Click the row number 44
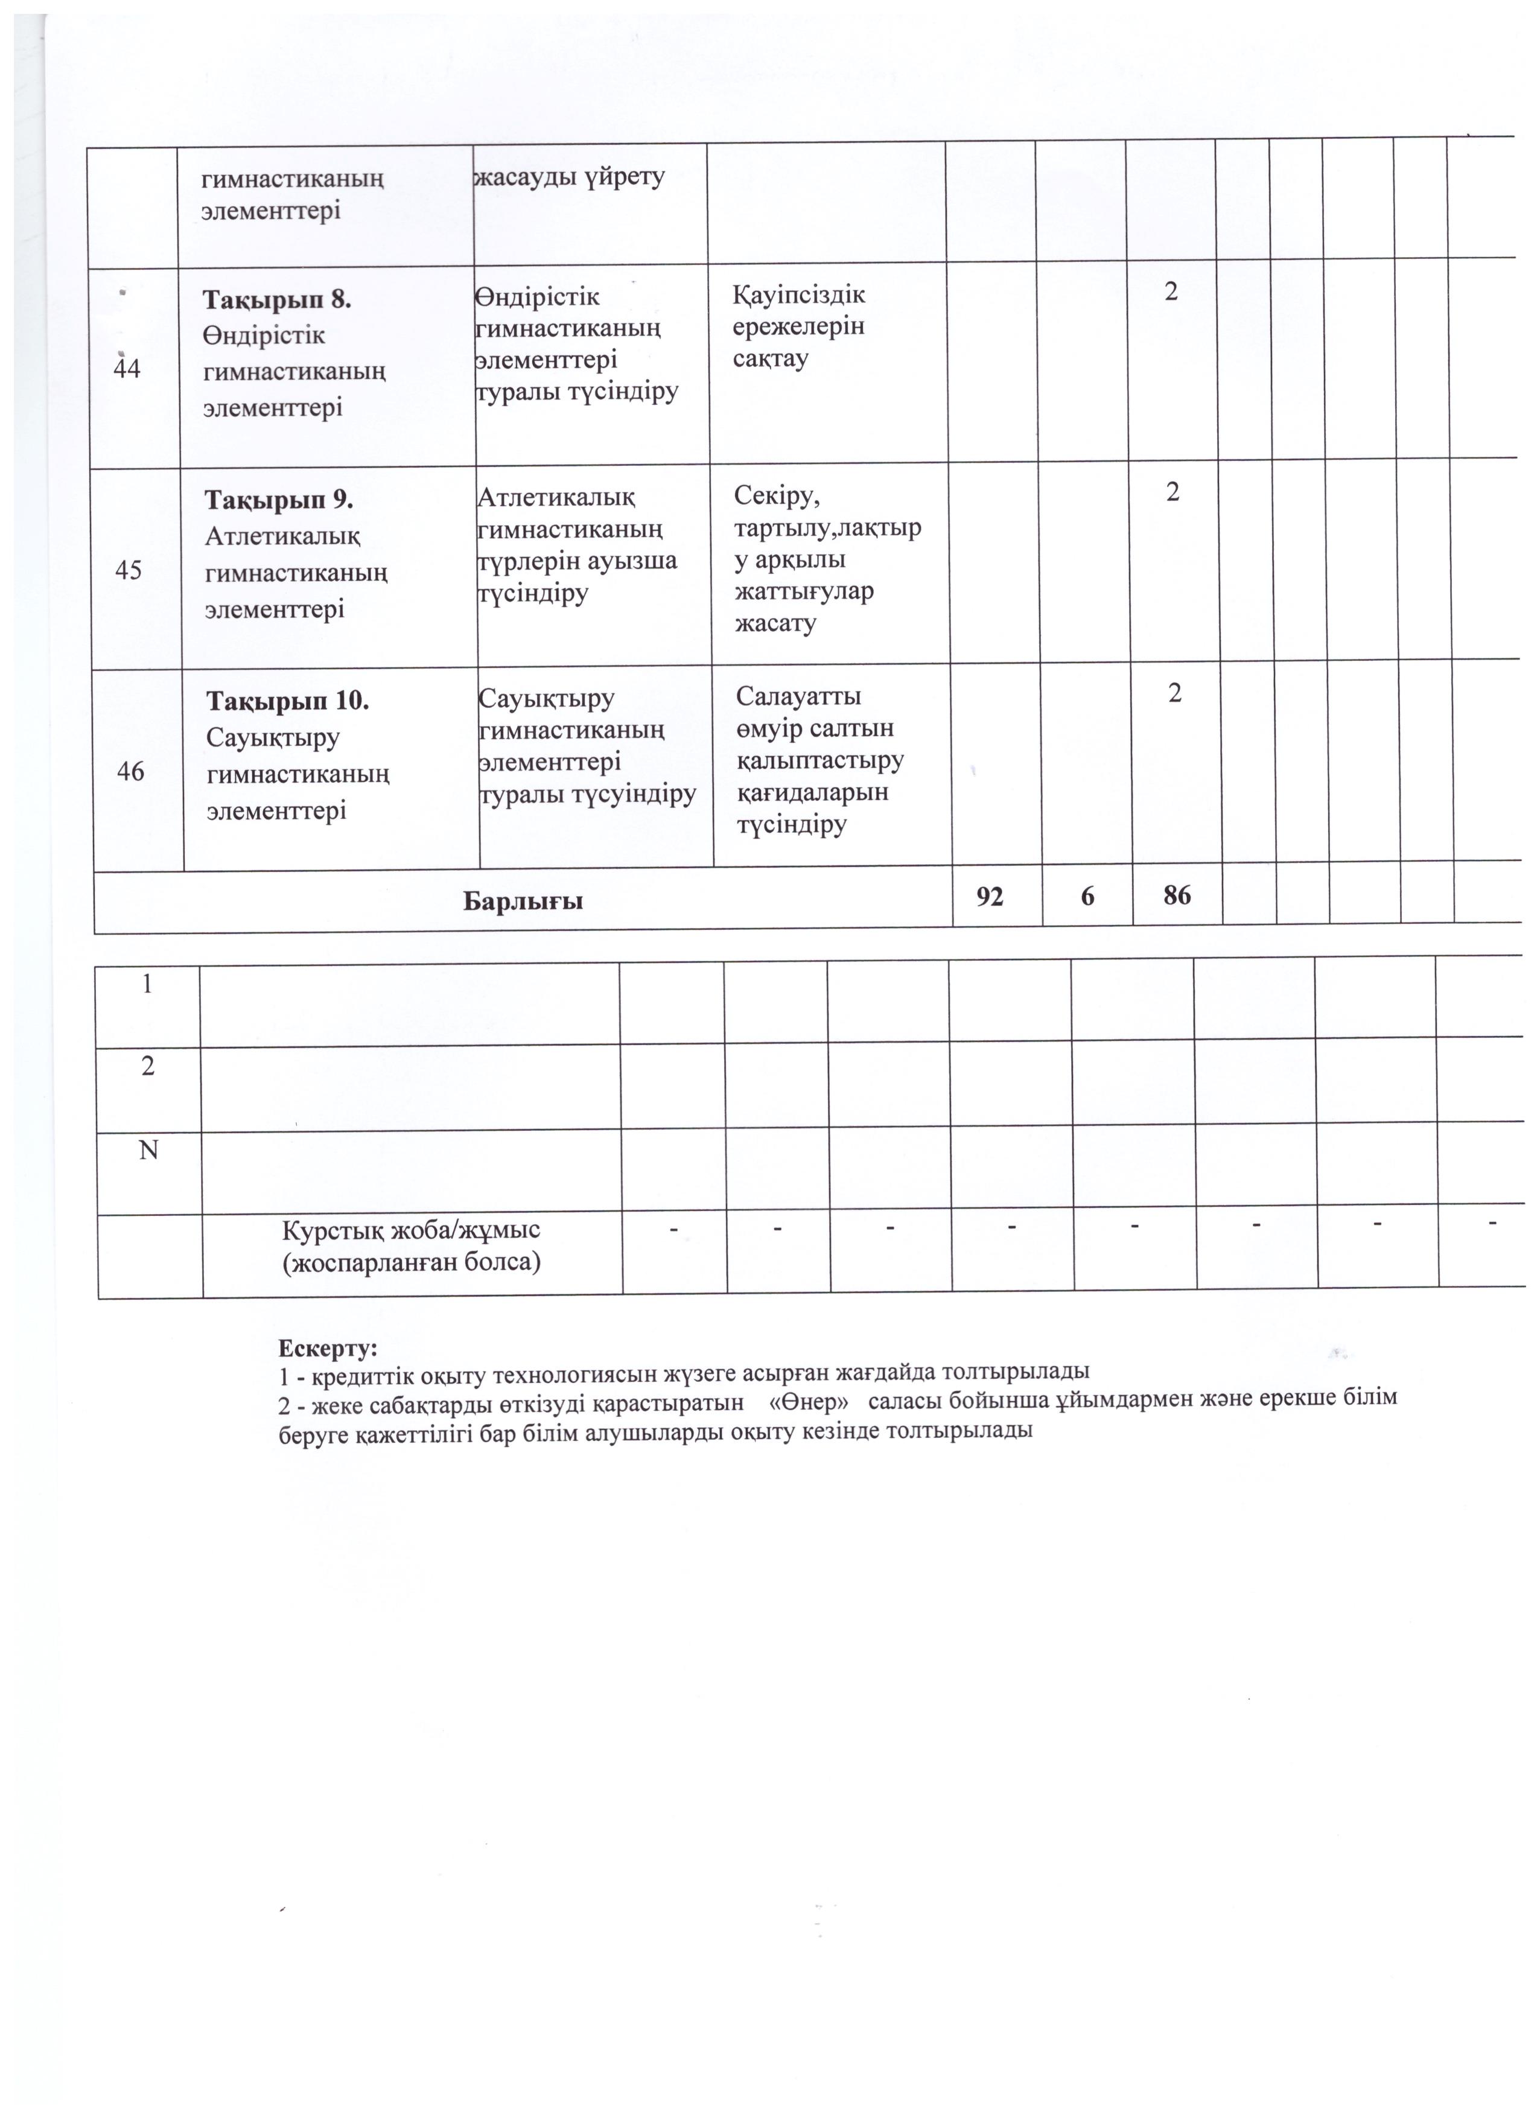127,369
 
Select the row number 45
129,570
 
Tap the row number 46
131,771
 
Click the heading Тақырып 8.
278,300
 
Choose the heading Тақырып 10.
288,701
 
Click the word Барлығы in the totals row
523,901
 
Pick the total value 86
1178,895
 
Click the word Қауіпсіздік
800,295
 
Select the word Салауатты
798,697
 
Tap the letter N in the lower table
148,1151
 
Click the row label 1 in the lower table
148,984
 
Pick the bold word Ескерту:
328,1349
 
